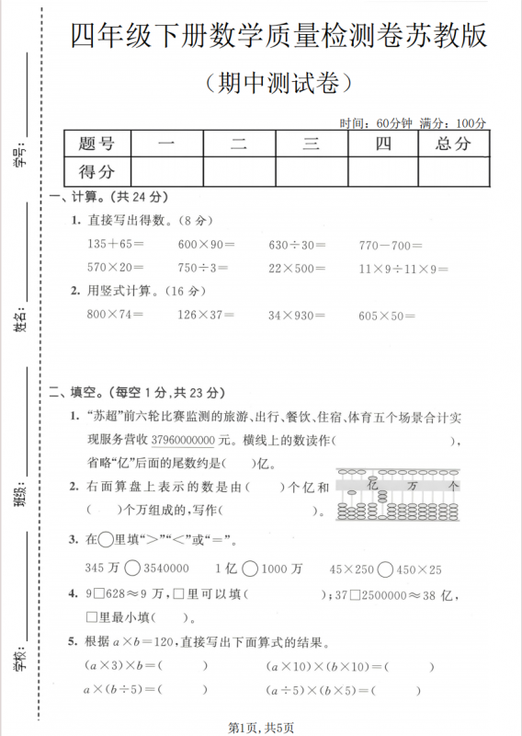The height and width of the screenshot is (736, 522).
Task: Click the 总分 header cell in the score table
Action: (453, 144)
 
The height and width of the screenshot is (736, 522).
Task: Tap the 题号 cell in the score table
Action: (96, 144)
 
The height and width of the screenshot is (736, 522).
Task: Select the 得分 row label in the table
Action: (96, 171)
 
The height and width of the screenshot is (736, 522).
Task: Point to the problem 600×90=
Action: (206, 245)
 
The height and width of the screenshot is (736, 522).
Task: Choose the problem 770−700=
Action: (391, 245)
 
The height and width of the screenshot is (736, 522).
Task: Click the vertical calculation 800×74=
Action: (116, 315)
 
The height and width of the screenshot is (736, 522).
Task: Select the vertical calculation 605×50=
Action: (388, 315)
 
